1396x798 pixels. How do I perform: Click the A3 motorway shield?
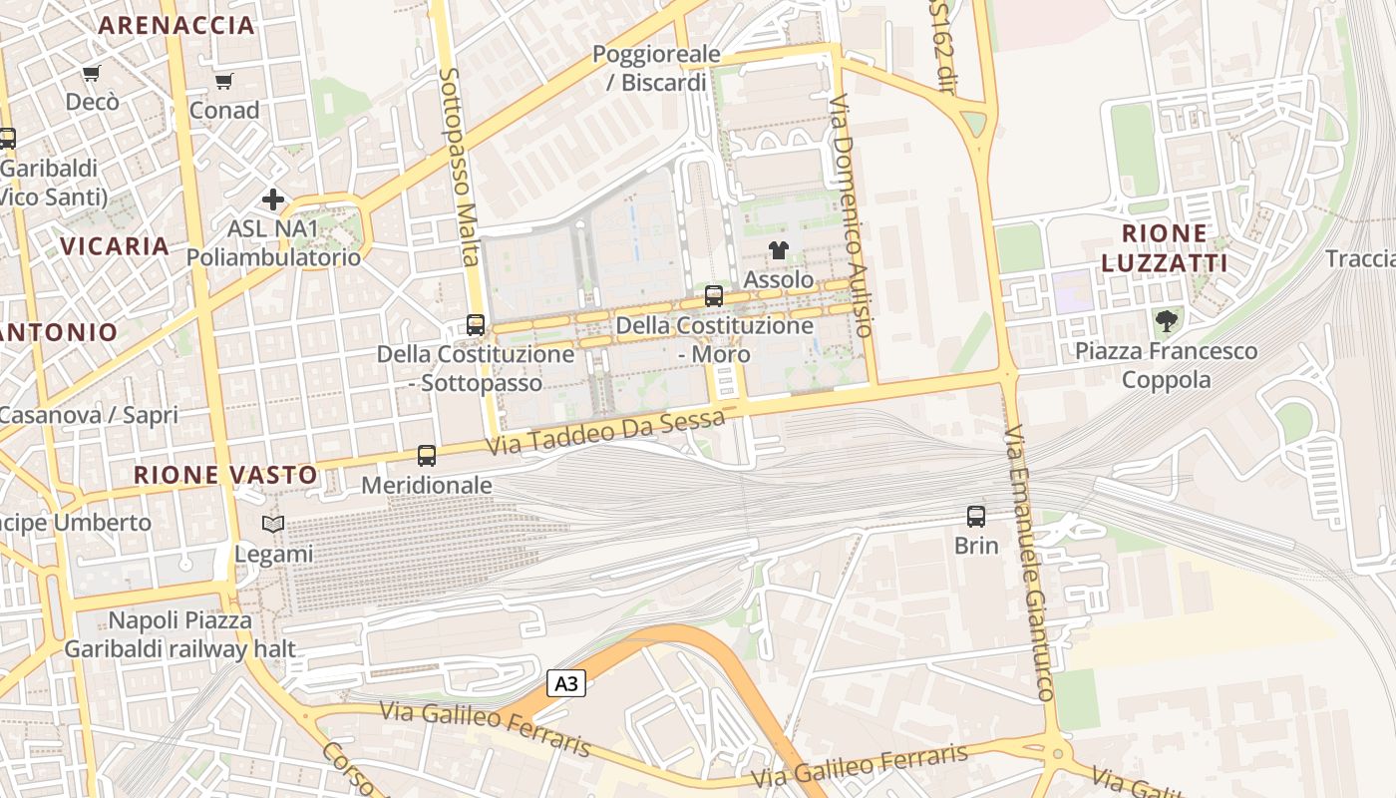(x=565, y=683)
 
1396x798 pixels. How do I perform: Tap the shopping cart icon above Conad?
(x=223, y=81)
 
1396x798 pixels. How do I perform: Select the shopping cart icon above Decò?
(x=92, y=73)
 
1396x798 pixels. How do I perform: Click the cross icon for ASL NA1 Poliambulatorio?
(x=273, y=199)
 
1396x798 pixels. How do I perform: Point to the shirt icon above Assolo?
(x=779, y=250)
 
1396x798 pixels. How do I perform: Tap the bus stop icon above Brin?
(x=976, y=517)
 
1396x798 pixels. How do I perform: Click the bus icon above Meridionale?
(x=427, y=456)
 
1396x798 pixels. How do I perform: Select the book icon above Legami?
(x=273, y=525)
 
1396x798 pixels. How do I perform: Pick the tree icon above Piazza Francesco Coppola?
(x=1166, y=321)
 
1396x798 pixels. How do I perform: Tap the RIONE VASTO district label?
(x=225, y=475)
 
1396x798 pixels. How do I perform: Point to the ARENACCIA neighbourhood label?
(x=177, y=26)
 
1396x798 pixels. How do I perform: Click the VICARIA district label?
(x=115, y=246)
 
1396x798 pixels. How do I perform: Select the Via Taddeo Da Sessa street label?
(x=605, y=433)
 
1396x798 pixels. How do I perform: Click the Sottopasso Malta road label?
(x=459, y=167)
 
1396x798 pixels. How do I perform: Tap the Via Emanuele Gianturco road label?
(x=1030, y=564)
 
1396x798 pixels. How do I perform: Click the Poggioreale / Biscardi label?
(x=656, y=68)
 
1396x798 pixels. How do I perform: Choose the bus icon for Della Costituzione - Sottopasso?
(x=476, y=325)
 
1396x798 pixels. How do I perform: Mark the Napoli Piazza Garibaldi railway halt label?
(x=180, y=634)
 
